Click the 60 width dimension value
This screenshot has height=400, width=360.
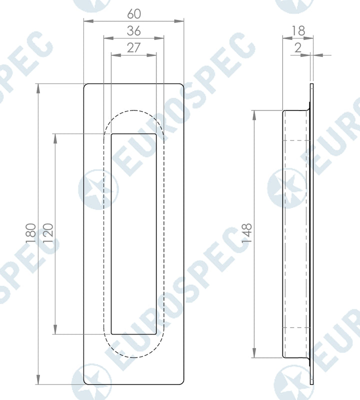(134, 12)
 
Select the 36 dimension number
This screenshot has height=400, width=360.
(134, 31)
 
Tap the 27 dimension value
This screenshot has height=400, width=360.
(134, 48)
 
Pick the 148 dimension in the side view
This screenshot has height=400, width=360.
(247, 233)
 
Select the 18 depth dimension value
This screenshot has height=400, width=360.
(298, 30)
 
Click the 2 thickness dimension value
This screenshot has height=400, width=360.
(298, 48)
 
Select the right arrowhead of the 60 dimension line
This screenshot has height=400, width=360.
(180, 21)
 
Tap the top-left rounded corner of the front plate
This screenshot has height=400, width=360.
(86, 86)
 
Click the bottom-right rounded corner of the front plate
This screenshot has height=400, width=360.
(181, 381)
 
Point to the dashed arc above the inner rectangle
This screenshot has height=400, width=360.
(133, 110)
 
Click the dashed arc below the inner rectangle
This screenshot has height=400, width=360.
(133, 357)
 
